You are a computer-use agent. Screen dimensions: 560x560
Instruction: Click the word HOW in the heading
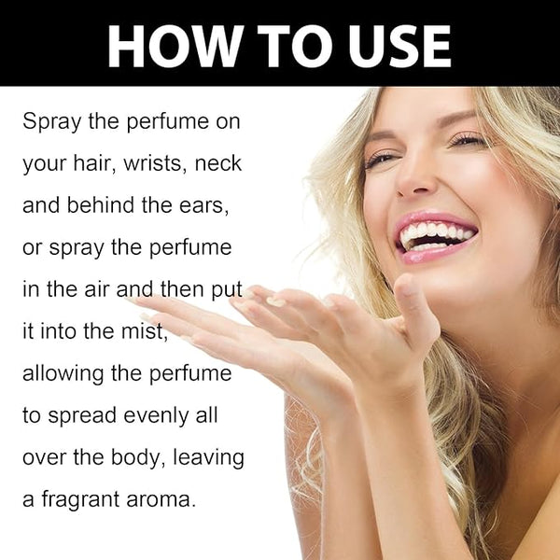[173, 46]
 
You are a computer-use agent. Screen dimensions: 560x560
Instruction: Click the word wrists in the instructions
[154, 163]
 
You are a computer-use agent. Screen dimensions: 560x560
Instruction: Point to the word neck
[218, 163]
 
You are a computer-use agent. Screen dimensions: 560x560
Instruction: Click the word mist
[145, 331]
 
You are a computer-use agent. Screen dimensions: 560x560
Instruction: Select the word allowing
[63, 374]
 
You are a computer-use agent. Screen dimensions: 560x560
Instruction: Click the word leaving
[208, 457]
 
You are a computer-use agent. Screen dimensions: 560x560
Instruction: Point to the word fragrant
[80, 499]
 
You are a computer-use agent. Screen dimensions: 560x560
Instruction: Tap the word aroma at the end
[161, 500]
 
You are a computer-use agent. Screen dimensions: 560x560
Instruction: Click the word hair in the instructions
[94, 163]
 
